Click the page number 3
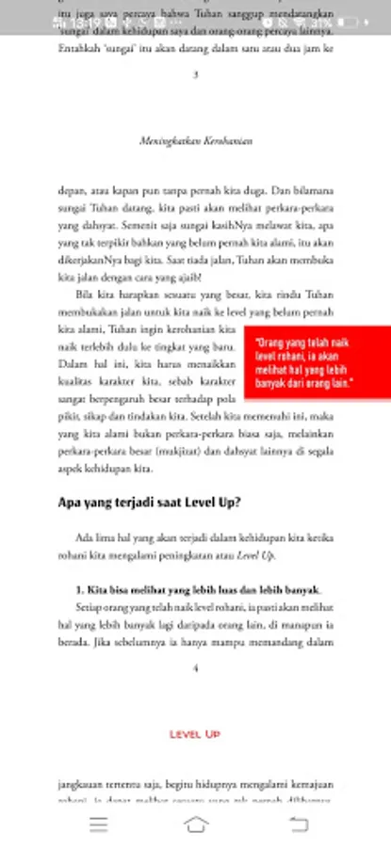pos(195,75)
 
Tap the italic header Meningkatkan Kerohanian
pos(195,142)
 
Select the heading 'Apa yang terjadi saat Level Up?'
pos(149,503)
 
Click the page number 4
pos(195,668)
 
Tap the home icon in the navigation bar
pos(196,824)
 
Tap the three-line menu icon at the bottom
pos(98,824)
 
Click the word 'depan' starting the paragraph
pos(71,191)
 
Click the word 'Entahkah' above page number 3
pos(78,47)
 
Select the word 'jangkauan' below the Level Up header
pos(80,783)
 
